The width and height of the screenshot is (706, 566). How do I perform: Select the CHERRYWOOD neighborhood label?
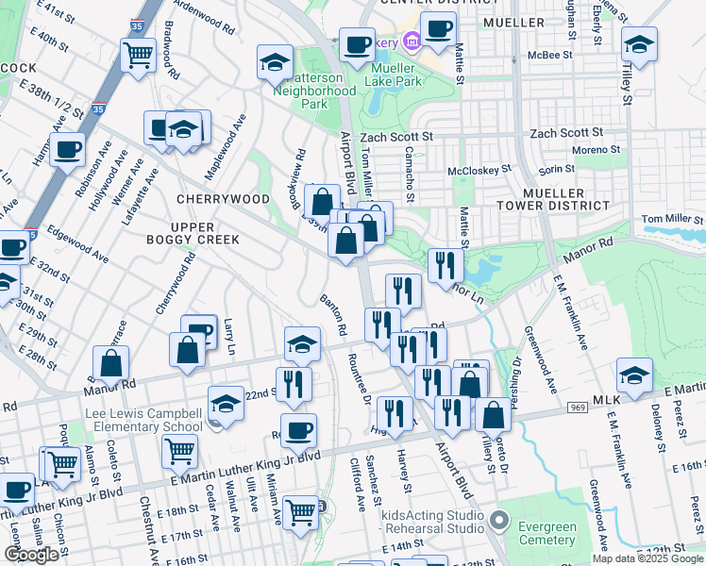tap(222, 200)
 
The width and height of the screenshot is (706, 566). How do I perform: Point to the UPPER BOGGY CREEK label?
tap(206, 234)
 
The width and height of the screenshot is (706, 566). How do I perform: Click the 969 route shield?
tap(580, 408)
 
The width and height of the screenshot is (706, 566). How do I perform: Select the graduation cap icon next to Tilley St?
tap(640, 44)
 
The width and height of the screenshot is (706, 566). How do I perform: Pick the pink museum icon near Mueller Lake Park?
tap(411, 42)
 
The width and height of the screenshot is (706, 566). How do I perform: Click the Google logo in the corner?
tap(32, 555)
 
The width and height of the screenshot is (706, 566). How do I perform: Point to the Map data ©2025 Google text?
tap(647, 558)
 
